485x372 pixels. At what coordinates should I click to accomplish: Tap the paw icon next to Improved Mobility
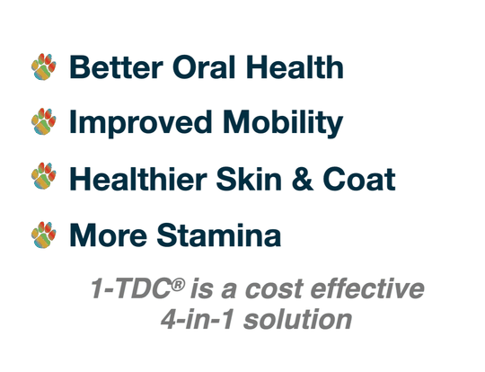(43, 120)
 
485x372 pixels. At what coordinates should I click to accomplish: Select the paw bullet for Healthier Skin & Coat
(43, 177)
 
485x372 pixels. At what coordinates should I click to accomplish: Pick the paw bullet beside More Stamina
(43, 234)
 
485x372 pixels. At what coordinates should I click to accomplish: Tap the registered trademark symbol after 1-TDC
(180, 284)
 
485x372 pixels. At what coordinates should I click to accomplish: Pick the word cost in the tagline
(280, 291)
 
